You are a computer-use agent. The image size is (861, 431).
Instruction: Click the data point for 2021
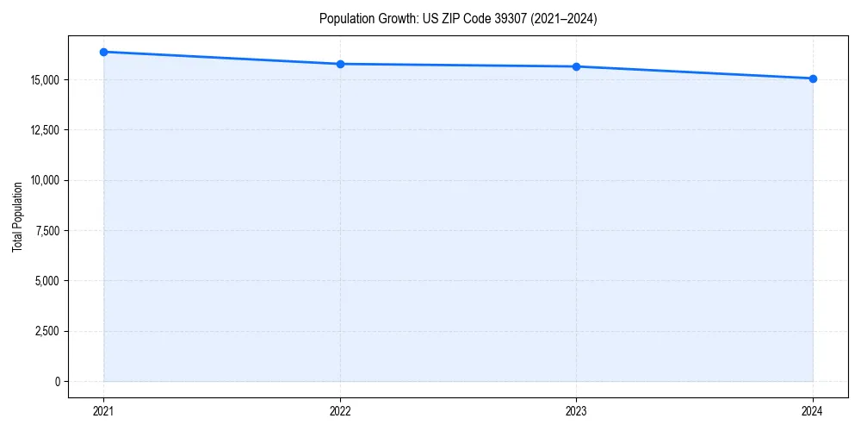pyautogui.click(x=103, y=52)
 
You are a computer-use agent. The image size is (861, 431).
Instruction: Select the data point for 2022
pyautogui.click(x=340, y=64)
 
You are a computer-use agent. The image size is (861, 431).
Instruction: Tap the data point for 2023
pyautogui.click(x=576, y=66)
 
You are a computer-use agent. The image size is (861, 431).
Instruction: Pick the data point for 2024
pyautogui.click(x=813, y=78)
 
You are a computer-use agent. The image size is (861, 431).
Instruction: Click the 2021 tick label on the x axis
pyautogui.click(x=103, y=411)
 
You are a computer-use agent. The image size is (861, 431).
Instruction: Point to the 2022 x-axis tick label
pyautogui.click(x=340, y=411)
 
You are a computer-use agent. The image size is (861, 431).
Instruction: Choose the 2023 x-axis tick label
pyautogui.click(x=576, y=411)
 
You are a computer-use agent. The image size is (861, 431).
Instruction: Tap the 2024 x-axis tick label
pyautogui.click(x=813, y=411)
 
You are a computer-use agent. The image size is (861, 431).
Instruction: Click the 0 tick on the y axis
pyautogui.click(x=57, y=381)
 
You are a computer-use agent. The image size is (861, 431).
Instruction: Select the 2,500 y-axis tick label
pyautogui.click(x=46, y=331)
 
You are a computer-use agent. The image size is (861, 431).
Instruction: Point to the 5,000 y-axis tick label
pyautogui.click(x=46, y=281)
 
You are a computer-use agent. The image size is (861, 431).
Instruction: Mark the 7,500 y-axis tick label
pyautogui.click(x=46, y=230)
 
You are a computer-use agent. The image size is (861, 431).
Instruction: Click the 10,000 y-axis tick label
pyautogui.click(x=45, y=180)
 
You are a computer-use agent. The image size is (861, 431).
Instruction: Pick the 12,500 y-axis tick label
pyautogui.click(x=45, y=130)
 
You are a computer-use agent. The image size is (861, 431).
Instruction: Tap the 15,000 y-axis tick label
pyautogui.click(x=45, y=80)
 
